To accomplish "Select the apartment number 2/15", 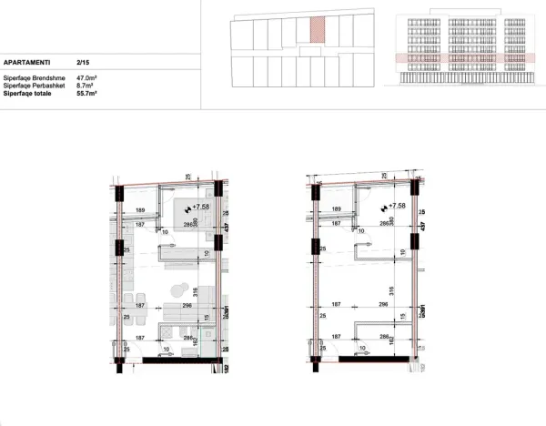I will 83,63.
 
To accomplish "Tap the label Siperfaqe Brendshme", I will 33,78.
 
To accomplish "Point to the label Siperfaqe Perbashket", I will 34,86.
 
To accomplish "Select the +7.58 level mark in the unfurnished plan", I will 396,207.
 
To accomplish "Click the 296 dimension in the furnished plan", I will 187,306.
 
